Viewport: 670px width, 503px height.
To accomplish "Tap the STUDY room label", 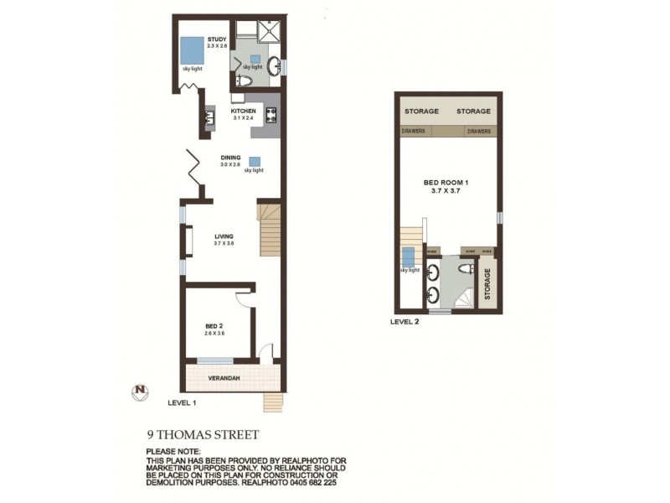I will (x=218, y=38).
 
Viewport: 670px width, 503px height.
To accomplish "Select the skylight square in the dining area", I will (x=253, y=161).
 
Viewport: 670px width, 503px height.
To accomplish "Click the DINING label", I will (x=230, y=157).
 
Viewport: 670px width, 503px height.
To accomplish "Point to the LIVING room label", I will (x=223, y=236).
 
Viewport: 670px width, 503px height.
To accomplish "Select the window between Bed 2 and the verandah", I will (x=215, y=360).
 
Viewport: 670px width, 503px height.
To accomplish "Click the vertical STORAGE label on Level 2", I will (x=487, y=284).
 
